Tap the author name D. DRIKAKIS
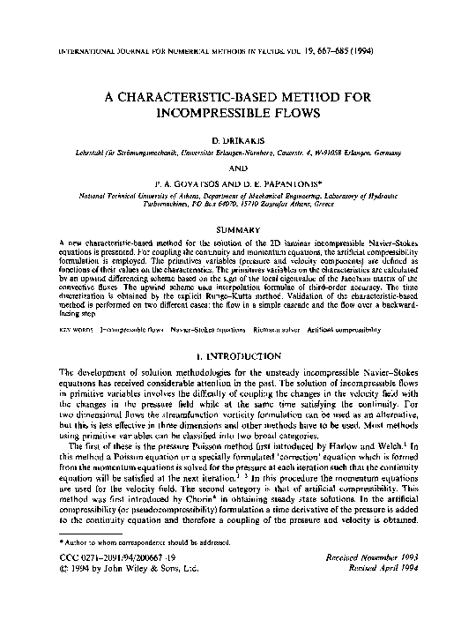click(238, 141)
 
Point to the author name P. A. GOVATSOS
click(190, 184)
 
